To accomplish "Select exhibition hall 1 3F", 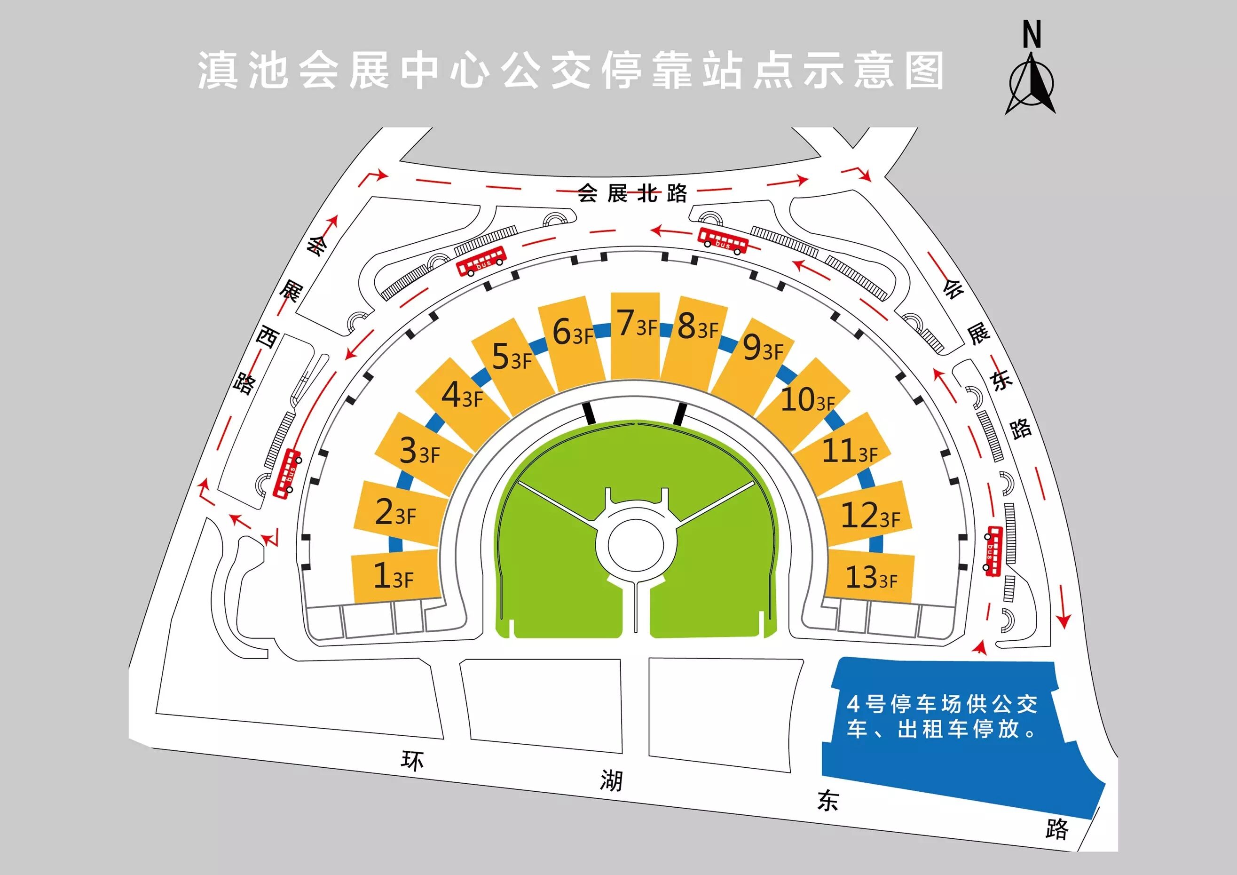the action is [x=394, y=575].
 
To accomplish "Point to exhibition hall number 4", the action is [x=461, y=395].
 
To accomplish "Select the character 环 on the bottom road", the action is [x=412, y=761].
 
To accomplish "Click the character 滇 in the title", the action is [x=218, y=71].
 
